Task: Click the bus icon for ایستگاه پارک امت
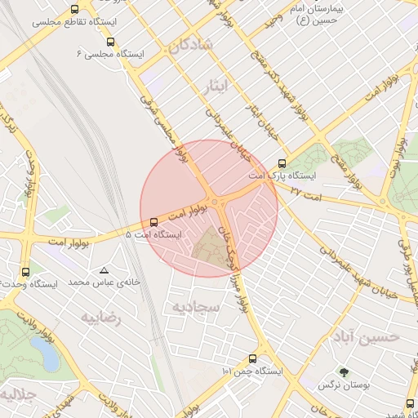click(282, 163)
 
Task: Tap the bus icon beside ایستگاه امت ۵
click(154, 222)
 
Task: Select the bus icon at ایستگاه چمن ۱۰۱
click(251, 358)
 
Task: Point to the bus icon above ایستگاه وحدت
click(25, 272)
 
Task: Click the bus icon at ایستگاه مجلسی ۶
click(110, 42)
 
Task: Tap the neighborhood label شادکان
click(190, 47)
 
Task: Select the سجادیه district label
click(195, 306)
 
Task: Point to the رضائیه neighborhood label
click(100, 318)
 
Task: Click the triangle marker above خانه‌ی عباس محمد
click(104, 270)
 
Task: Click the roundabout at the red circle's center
click(215, 202)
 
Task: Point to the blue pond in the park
click(47, 354)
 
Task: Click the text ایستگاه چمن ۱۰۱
click(251, 371)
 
